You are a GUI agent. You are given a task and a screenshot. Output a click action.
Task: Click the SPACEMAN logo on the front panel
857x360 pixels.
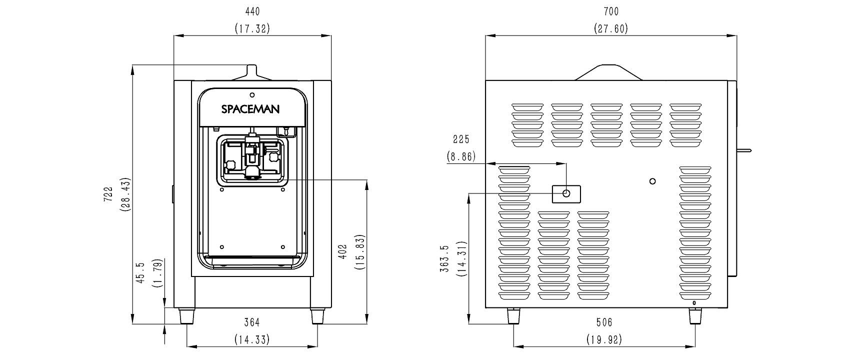point(250,109)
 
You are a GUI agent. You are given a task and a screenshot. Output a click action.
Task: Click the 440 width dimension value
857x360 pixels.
point(252,11)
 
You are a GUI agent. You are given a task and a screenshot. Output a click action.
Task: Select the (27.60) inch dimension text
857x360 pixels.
point(611,28)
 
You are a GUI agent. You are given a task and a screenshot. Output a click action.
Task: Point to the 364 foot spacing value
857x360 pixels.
point(252,322)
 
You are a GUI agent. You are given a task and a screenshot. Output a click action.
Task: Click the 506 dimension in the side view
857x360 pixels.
point(604,322)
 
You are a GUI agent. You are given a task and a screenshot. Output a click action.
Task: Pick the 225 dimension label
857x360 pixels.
point(461,139)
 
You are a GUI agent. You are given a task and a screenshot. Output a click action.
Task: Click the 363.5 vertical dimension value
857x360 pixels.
point(444,258)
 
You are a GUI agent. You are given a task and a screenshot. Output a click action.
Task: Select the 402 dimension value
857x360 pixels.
point(343,251)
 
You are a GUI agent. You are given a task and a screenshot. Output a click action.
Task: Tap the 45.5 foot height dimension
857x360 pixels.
point(140,273)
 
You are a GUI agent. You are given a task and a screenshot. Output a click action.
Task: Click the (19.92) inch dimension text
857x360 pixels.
point(604,339)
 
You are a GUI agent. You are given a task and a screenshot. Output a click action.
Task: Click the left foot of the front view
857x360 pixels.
point(186,316)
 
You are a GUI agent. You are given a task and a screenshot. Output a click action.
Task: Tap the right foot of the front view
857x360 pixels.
point(317,316)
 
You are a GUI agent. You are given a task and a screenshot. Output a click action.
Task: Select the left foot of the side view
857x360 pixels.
point(513,316)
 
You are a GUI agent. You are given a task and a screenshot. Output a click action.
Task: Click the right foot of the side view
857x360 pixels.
point(695,316)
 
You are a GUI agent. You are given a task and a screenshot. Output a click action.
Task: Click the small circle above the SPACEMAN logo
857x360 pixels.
point(252,95)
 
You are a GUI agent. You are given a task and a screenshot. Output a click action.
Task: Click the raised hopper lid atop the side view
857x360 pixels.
point(608,72)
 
